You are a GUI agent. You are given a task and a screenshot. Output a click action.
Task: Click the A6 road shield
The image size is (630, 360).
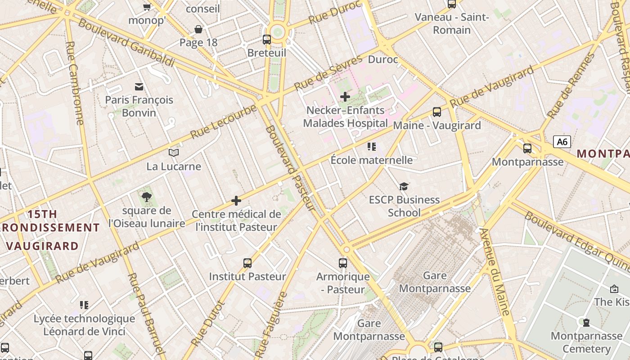[562, 142]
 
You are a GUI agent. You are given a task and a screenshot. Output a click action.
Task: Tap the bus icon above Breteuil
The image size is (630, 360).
[267, 40]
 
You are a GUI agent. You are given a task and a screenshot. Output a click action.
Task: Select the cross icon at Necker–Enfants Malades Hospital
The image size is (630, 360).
[345, 97]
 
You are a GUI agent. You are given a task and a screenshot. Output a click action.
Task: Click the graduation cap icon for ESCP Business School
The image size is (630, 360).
[404, 186]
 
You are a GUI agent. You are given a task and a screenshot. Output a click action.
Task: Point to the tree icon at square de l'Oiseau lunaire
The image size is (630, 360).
[146, 197]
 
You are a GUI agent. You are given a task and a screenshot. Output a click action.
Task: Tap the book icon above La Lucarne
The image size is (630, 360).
[174, 153]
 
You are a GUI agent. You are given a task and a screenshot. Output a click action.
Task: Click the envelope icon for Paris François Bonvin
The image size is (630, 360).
[139, 86]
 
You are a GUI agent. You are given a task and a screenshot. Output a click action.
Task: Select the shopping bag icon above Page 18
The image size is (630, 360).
[198, 30]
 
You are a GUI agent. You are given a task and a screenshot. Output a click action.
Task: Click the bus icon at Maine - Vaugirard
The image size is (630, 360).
[436, 112]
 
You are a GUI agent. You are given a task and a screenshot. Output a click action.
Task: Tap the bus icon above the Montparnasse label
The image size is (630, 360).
[527, 148]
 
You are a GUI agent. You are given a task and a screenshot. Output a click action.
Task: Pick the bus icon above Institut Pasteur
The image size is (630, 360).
[247, 263]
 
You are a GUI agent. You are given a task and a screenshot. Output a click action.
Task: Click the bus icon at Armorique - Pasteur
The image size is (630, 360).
[343, 263]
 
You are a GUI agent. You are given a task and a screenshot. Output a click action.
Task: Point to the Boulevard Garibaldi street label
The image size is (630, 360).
[126, 43]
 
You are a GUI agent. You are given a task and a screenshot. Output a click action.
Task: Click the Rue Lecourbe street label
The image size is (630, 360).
[223, 122]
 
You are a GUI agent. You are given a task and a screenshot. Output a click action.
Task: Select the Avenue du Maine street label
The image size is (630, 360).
[495, 271]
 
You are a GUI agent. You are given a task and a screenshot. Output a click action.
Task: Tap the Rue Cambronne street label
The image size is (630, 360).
[75, 83]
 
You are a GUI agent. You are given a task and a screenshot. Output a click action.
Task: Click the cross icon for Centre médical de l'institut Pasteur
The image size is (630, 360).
[236, 201]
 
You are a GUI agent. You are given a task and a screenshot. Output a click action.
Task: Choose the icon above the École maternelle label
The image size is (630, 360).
[371, 147]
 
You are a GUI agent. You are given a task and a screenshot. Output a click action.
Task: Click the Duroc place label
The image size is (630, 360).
[383, 59]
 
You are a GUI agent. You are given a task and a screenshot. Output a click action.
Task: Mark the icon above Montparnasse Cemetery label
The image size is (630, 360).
[586, 322]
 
